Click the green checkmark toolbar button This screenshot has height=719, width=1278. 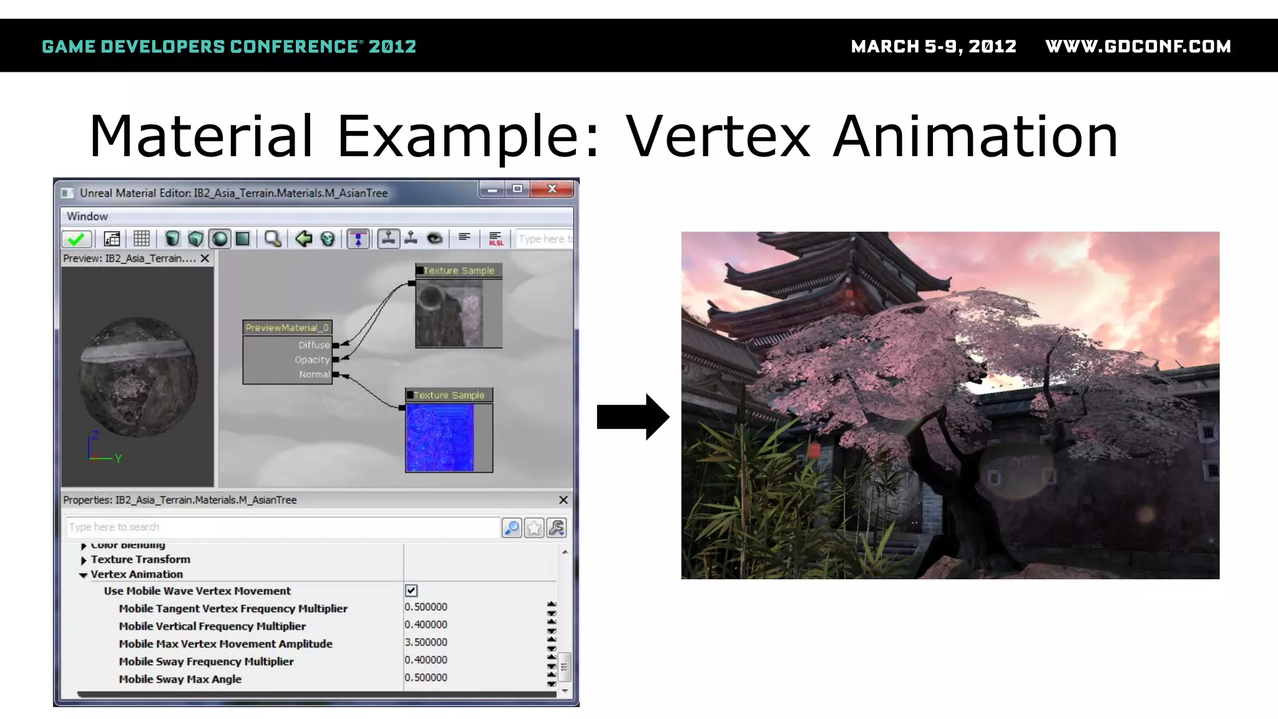click(x=77, y=239)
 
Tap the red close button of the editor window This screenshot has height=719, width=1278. click(x=552, y=188)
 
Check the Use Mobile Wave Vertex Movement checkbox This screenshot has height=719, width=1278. click(x=411, y=590)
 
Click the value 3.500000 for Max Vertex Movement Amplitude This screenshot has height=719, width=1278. click(x=426, y=642)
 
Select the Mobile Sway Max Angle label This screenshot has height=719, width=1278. click(x=180, y=679)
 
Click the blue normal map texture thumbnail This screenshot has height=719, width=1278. click(x=440, y=438)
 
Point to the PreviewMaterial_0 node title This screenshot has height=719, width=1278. click(x=286, y=328)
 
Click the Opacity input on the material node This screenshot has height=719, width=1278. click(x=336, y=359)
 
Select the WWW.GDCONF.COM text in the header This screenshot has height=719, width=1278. click(x=1138, y=47)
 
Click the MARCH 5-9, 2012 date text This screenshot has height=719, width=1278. click(x=934, y=47)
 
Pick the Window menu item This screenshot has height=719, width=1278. click(x=87, y=217)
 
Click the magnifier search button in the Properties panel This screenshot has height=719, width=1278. click(x=512, y=528)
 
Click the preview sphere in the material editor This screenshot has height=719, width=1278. click(x=139, y=376)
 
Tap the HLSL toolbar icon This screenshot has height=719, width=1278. click(x=495, y=239)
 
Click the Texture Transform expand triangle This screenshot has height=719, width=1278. click(x=84, y=560)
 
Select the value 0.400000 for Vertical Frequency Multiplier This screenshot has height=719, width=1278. click(x=426, y=625)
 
